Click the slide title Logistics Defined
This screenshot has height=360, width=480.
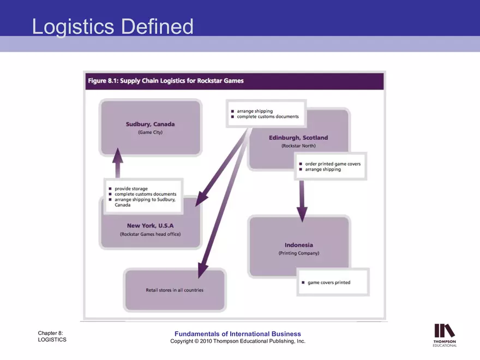tap(113, 27)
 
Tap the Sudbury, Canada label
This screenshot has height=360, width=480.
tap(151, 124)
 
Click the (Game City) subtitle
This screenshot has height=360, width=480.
tap(151, 132)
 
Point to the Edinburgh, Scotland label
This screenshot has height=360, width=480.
tap(298, 138)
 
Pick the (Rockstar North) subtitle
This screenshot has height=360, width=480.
tap(298, 146)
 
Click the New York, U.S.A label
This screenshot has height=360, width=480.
tap(151, 226)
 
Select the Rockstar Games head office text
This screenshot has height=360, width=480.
tap(151, 234)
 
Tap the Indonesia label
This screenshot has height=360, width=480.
tap(299, 245)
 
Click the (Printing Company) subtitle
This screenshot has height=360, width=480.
tap(299, 253)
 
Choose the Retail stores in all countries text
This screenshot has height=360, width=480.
tap(175, 290)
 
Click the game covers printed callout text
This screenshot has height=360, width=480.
tap(329, 283)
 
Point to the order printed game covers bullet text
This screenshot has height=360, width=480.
tap(333, 164)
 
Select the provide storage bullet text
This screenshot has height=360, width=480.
tap(131, 189)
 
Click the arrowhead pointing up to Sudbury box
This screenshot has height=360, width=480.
tap(118, 155)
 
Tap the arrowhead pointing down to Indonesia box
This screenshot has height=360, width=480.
tap(302, 214)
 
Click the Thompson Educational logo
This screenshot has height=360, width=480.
tap(445, 335)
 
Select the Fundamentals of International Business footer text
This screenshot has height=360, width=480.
tap(238, 334)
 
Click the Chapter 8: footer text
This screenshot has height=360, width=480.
tap(50, 333)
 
